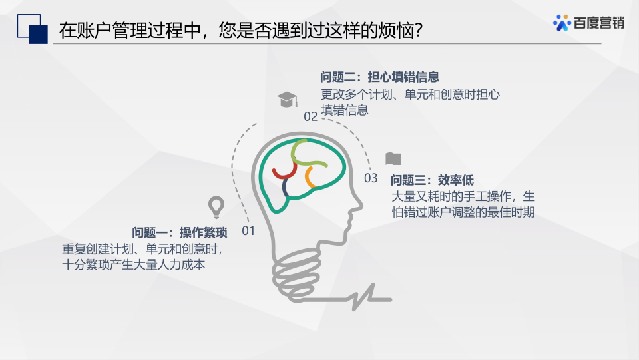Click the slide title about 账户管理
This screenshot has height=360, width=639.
click(x=241, y=30)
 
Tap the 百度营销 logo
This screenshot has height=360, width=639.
click(x=588, y=23)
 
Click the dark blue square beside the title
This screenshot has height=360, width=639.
click(x=39, y=34)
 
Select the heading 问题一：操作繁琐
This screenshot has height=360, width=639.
click(x=179, y=232)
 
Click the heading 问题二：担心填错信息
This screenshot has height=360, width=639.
click(x=379, y=77)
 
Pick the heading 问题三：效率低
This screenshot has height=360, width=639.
click(x=432, y=180)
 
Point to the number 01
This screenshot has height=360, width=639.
click(x=248, y=230)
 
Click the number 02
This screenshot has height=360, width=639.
click(x=311, y=117)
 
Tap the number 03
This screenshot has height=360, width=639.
click(x=371, y=178)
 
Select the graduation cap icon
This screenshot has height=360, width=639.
click(x=288, y=100)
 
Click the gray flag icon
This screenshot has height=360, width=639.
click(x=393, y=159)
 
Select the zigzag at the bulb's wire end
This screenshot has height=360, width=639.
click(x=363, y=297)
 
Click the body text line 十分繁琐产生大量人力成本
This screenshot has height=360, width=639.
click(x=133, y=265)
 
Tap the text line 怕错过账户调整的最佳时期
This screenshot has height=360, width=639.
click(x=463, y=212)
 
